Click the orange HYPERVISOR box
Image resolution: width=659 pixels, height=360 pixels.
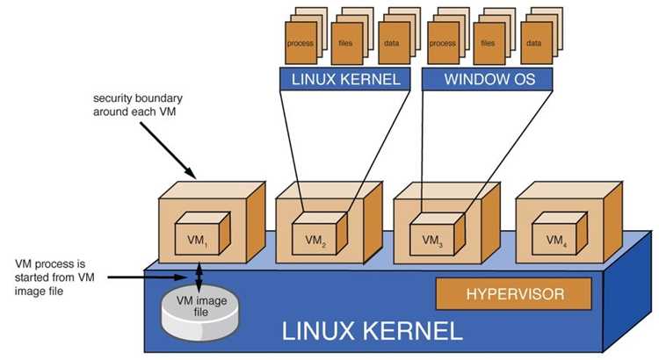point(514,293)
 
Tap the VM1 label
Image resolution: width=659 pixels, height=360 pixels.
point(197,241)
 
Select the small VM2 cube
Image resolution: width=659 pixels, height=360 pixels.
point(320,234)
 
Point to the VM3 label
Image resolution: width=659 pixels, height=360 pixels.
point(432,241)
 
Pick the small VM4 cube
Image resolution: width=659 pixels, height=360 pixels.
point(560,234)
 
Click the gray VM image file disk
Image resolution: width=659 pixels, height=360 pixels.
point(200,312)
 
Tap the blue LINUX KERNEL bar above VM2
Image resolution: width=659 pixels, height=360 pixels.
point(345,79)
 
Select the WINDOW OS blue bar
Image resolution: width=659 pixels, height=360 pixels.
point(488,79)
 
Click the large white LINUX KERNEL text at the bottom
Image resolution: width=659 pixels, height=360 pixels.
point(372,331)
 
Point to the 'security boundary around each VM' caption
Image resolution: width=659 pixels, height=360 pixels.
point(137,105)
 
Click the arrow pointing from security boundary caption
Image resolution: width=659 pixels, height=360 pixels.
point(168,150)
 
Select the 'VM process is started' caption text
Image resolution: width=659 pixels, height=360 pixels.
point(54,277)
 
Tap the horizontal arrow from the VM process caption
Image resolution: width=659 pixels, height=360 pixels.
point(147,277)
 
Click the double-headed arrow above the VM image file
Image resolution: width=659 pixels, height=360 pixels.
point(199,277)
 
